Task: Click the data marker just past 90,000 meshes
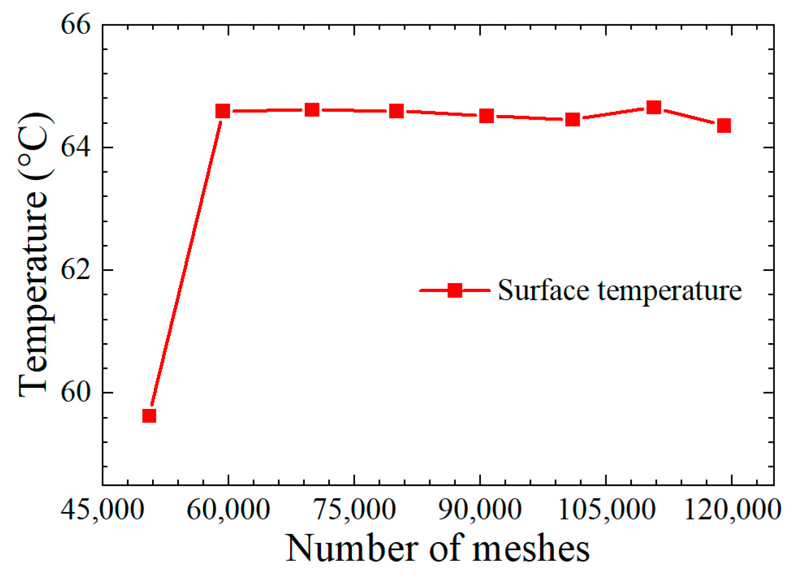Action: pos(486,116)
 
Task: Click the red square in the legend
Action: pos(455,290)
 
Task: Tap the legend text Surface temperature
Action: pos(620,290)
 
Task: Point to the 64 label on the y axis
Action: pos(75,148)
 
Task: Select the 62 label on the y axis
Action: pos(75,270)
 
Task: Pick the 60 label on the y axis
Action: pos(75,393)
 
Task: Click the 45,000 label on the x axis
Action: pos(103,509)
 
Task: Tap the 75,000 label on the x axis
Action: pos(354,509)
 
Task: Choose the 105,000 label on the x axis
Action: pos(606,509)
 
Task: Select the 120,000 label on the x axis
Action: pos(732,509)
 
